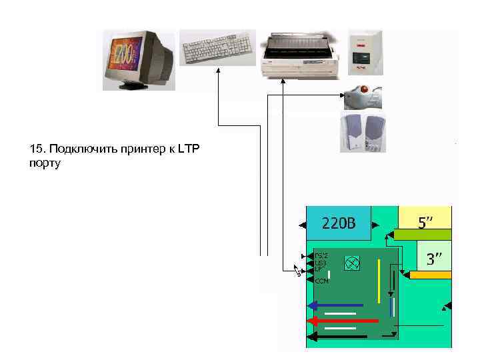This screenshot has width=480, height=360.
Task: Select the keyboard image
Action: click(217, 48)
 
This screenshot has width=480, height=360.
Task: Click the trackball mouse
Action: click(363, 97)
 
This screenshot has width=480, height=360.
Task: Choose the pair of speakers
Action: click(363, 132)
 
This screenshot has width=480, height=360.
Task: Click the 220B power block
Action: click(338, 223)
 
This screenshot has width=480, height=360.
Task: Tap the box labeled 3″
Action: click(434, 258)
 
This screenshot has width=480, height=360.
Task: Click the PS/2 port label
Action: click(321, 255)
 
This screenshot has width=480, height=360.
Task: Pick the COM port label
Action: click(321, 281)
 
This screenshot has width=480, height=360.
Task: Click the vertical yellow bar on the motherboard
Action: click(379, 280)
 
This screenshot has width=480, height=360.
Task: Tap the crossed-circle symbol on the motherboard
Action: click(352, 263)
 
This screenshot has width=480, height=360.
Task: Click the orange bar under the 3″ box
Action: click(431, 274)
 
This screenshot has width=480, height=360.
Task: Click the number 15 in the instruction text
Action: click(36, 149)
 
